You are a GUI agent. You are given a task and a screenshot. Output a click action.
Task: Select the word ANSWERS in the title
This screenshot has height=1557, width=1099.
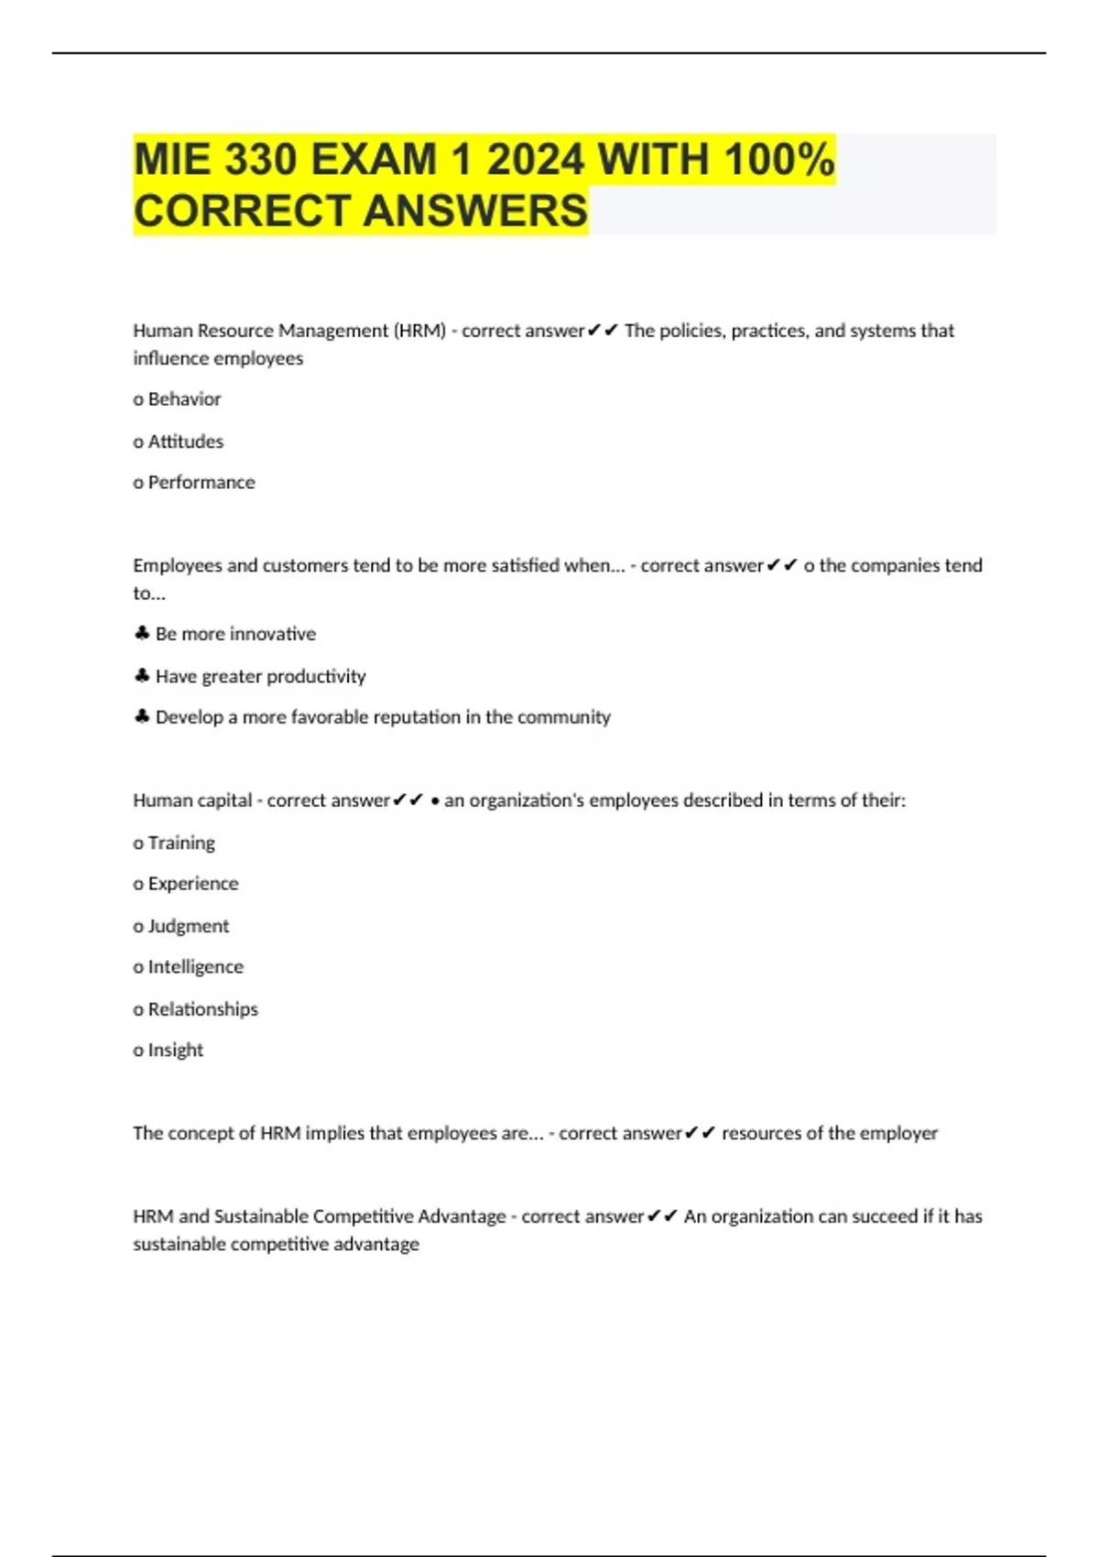pos(475,211)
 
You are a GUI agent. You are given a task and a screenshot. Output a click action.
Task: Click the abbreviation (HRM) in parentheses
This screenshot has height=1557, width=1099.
pos(419,331)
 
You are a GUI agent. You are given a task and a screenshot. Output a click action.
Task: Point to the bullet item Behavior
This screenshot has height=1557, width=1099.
pos(184,399)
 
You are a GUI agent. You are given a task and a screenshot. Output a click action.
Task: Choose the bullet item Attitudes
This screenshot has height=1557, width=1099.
pos(185,441)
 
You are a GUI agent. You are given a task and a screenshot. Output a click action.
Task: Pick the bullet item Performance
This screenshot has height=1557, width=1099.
pos(201,483)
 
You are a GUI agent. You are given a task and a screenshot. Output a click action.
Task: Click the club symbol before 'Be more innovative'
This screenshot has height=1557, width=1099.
pos(142,634)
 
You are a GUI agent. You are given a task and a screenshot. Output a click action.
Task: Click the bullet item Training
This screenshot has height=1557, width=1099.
pos(181,843)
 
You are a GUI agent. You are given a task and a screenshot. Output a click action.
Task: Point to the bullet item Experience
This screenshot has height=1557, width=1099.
pos(193,884)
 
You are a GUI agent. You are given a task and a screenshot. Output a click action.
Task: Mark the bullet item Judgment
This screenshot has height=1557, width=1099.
pos(189,926)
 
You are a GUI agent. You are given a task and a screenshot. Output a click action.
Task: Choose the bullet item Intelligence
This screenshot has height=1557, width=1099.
pos(196,967)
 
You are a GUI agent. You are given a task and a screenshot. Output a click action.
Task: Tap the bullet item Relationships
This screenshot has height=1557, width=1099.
pos(203,1009)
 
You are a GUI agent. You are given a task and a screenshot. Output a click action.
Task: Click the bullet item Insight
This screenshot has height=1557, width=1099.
pos(176,1051)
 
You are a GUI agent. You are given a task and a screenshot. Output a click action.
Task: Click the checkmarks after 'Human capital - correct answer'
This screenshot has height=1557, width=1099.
pos(408,800)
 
